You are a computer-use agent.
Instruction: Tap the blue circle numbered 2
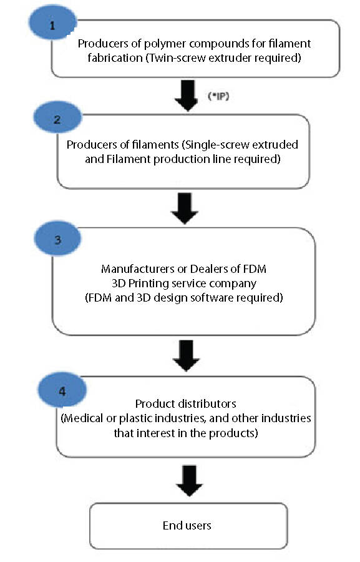click(x=57, y=117)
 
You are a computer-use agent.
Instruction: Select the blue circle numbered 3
click(x=57, y=238)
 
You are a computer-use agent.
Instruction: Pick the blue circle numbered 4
click(x=62, y=390)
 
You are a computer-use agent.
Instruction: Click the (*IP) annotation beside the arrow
click(x=218, y=96)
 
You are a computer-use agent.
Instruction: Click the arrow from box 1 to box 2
click(x=187, y=96)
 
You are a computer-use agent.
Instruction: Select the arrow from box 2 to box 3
click(x=185, y=209)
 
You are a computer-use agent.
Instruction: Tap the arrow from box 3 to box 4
click(x=186, y=355)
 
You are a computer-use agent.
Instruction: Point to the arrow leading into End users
click(x=189, y=481)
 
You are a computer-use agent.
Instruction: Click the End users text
click(x=187, y=525)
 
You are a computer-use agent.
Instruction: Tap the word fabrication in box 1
click(x=115, y=57)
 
